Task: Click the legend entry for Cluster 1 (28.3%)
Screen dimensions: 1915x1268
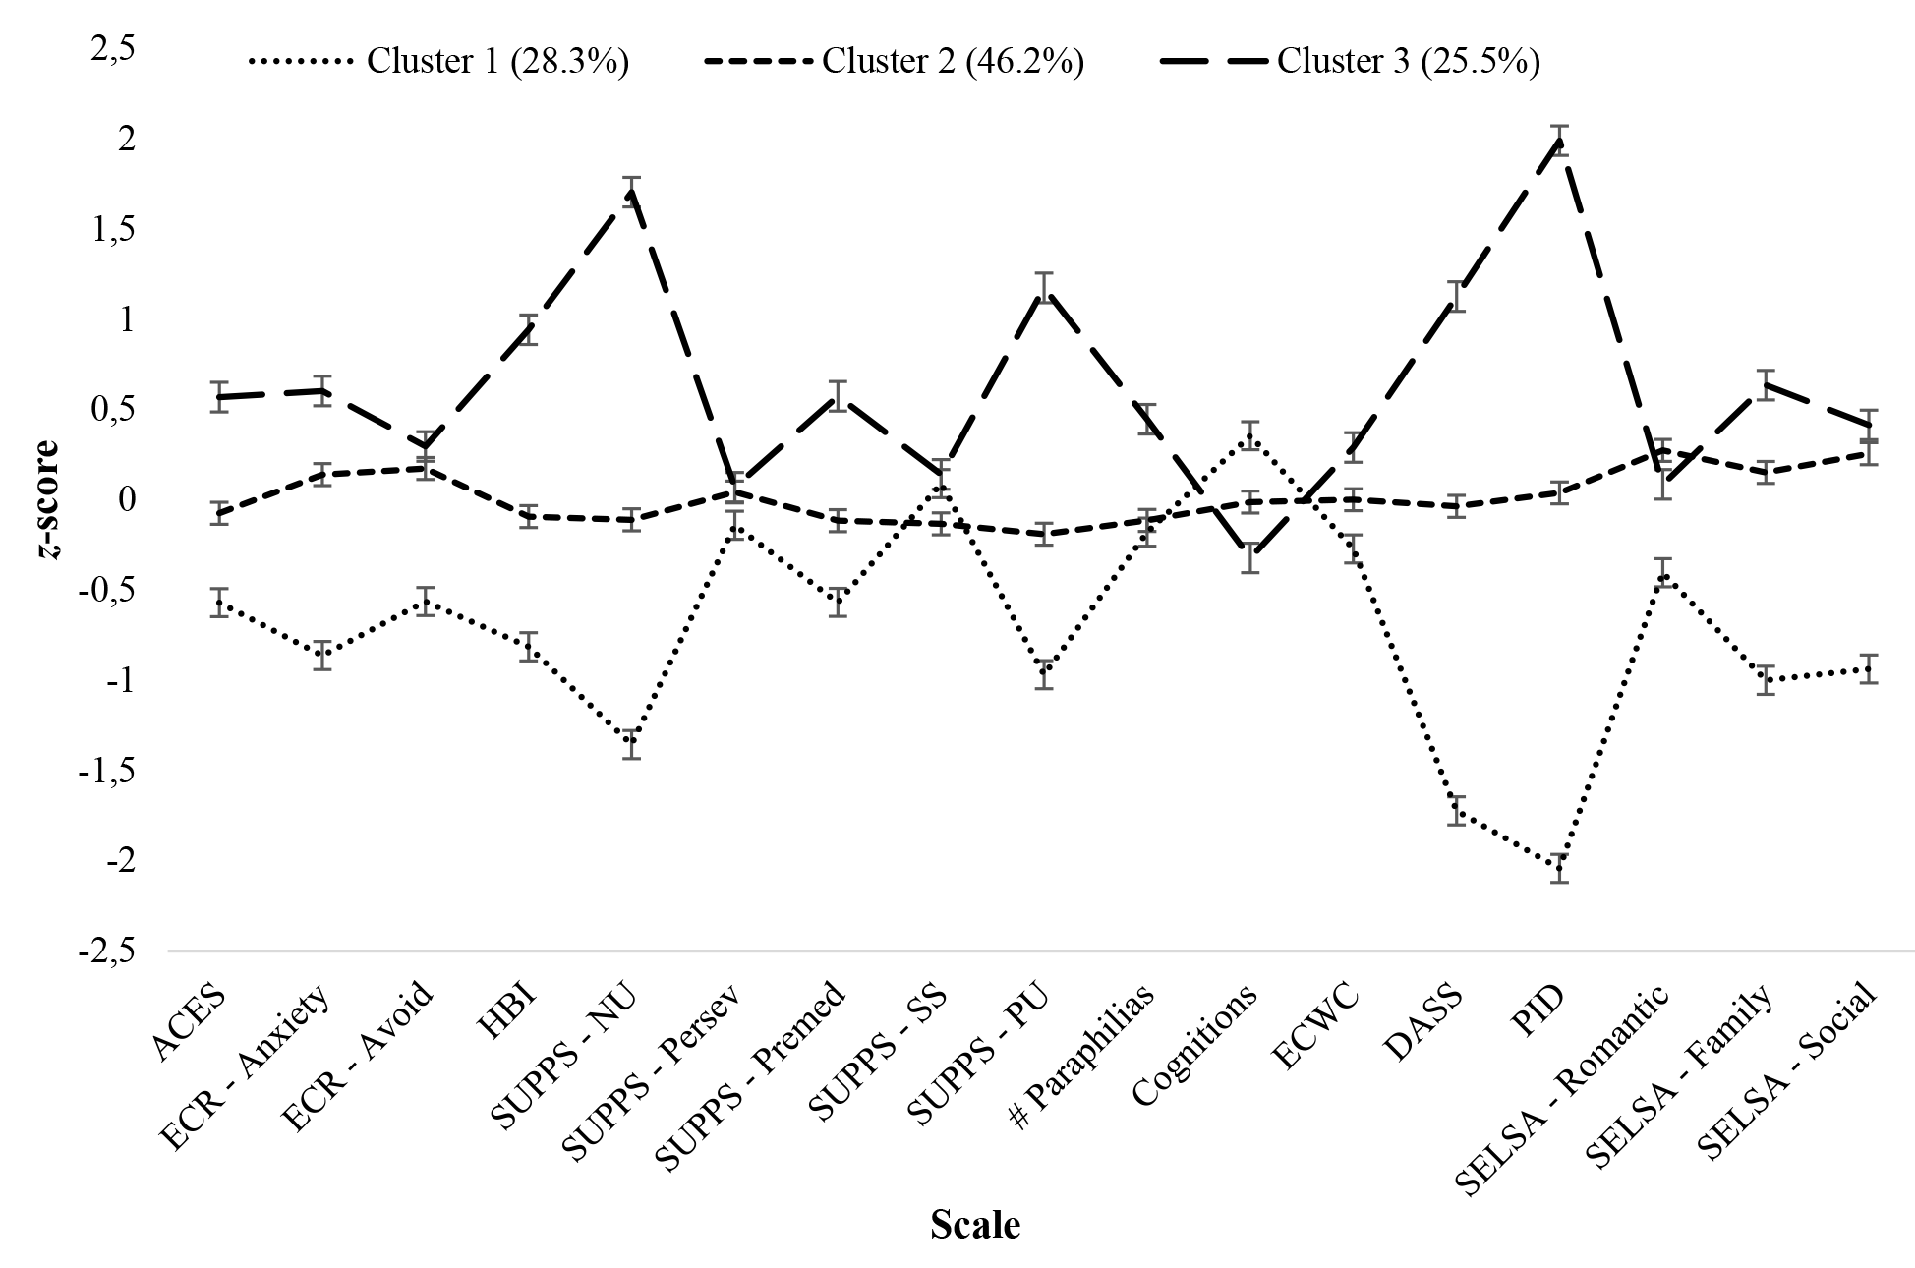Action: pyautogui.click(x=438, y=62)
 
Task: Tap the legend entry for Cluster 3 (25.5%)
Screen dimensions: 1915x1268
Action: pyautogui.click(x=1350, y=62)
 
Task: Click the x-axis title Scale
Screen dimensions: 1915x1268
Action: pyautogui.click(x=975, y=1225)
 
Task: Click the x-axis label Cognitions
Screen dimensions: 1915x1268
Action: pyautogui.click(x=1195, y=1044)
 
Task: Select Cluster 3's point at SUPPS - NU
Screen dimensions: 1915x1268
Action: pyautogui.click(x=630, y=193)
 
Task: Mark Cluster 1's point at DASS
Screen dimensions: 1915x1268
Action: pyautogui.click(x=1456, y=811)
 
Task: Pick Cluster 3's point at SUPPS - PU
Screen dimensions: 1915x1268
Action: pyautogui.click(x=1044, y=291)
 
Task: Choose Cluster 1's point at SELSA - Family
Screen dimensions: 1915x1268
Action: pyautogui.click(x=1766, y=679)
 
